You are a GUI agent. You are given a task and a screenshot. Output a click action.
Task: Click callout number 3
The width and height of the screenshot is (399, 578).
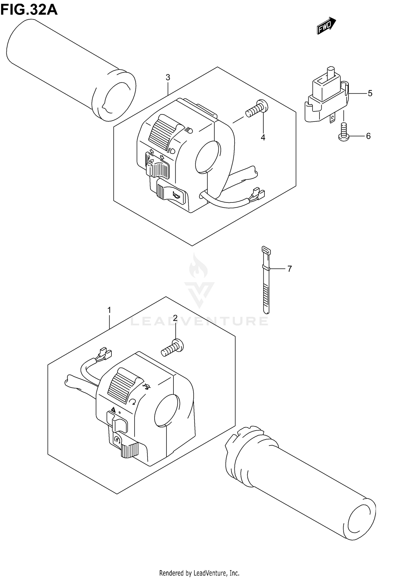pos(168,77)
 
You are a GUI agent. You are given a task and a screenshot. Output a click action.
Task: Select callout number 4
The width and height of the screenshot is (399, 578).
pos(263,138)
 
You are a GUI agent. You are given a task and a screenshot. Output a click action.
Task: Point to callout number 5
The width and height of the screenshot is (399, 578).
pos(370,93)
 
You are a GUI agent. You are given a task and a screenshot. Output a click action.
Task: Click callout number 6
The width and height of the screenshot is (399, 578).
pos(368,136)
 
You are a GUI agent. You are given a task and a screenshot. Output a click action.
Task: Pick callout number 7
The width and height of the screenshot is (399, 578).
pos(290,269)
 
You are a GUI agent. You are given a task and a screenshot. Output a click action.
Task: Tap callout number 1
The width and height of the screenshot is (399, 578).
pos(109,310)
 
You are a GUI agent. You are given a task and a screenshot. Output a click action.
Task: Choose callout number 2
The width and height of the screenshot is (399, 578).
pos(175,318)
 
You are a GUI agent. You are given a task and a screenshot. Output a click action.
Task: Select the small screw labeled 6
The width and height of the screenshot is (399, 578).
pos(343,131)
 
